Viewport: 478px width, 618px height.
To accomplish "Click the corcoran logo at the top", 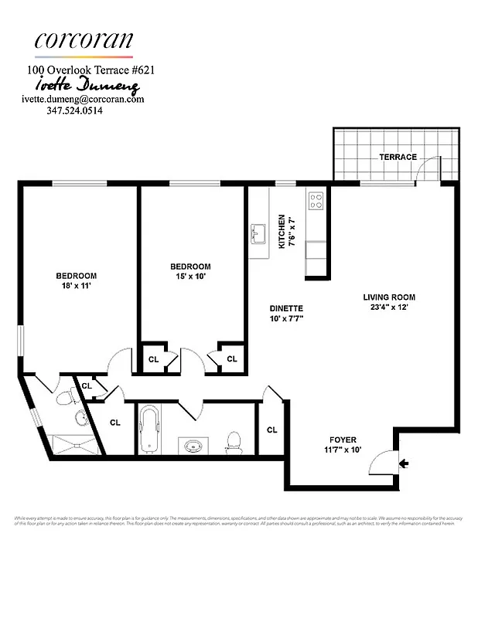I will click(84, 40).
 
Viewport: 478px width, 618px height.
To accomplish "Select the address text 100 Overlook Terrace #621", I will click(92, 70).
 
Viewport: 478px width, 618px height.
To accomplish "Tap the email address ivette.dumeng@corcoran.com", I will click(83, 99).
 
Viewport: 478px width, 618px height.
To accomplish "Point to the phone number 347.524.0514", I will click(75, 110).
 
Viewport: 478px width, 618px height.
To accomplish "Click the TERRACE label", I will click(398, 157).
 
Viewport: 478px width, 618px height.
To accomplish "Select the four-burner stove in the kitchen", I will click(316, 201).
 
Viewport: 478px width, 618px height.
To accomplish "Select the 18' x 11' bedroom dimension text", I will click(76, 286).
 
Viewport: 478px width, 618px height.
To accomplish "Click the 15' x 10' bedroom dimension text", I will click(190, 277).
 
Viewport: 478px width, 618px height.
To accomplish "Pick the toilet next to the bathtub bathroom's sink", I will click(234, 442).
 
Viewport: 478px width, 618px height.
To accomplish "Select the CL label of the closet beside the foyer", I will click(272, 430).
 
